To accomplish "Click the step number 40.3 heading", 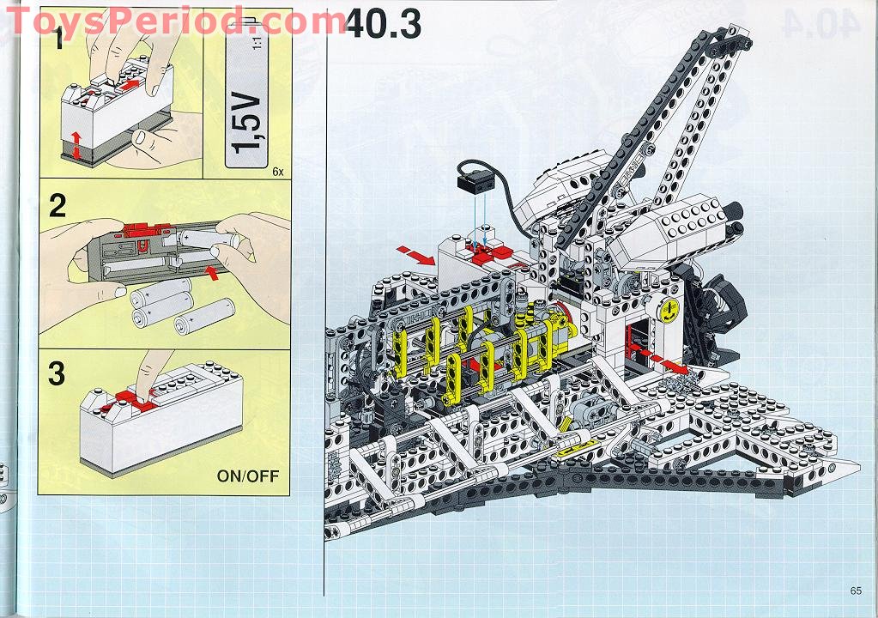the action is (383, 25).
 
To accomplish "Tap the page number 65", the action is (856, 591).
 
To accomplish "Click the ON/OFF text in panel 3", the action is (247, 476).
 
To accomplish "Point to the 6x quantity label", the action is (278, 172).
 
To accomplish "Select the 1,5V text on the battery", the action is (248, 124).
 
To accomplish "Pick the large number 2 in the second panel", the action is (58, 205).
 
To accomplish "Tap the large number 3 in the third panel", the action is (57, 373).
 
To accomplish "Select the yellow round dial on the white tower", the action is (669, 310).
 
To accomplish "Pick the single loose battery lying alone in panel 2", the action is (204, 316).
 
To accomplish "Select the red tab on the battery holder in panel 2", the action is (148, 228).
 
